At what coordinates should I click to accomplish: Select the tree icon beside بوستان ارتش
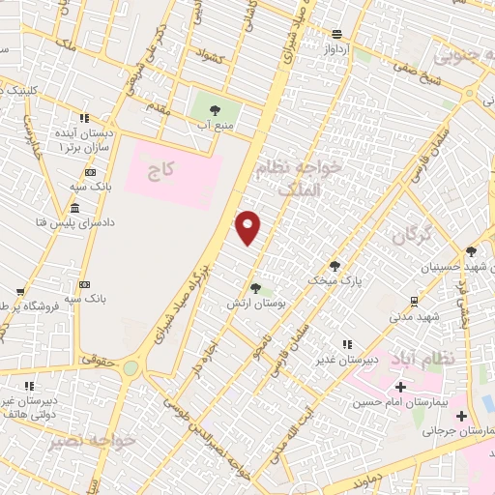tap(255, 287)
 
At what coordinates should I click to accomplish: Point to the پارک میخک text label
tap(335, 280)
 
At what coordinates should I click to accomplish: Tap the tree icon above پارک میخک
tap(335, 265)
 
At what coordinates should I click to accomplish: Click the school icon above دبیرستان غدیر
tap(345, 344)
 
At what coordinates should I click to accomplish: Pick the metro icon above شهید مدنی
tap(414, 301)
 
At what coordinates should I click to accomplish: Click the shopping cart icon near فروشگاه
tap(19, 291)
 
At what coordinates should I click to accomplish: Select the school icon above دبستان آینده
tap(85, 118)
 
